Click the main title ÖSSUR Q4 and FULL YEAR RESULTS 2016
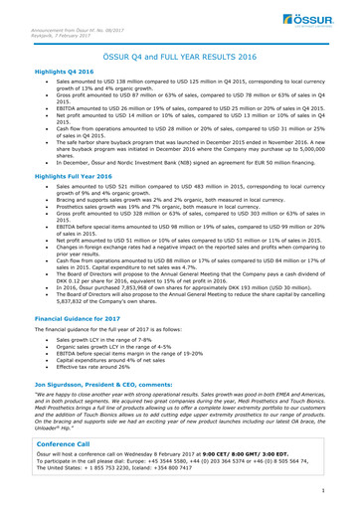[179, 60]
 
